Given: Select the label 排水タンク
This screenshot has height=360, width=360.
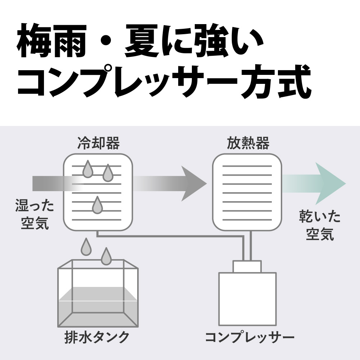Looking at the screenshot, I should point(96,337).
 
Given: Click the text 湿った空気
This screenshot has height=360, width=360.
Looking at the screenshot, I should point(35,215).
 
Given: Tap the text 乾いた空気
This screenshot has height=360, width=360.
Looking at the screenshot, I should point(320,226).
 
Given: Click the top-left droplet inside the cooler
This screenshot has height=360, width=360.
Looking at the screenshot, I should point(87,169).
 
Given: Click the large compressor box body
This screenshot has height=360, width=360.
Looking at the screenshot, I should point(247,299).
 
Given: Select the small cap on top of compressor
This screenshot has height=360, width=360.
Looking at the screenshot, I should point(247,266).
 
